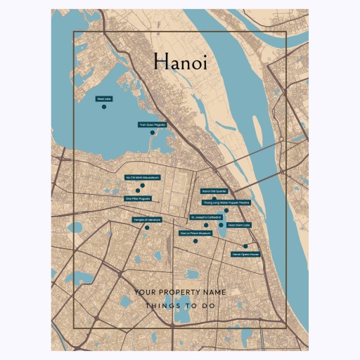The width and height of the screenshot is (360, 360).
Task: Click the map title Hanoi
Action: (x=180, y=63)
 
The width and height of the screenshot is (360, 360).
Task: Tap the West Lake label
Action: (x=103, y=99)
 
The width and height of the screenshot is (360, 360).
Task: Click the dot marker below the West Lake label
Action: (x=103, y=107)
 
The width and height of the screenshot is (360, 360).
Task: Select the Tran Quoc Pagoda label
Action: (x=153, y=124)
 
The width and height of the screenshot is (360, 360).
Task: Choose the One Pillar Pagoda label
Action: (x=138, y=198)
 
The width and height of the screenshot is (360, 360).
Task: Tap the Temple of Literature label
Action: (x=147, y=220)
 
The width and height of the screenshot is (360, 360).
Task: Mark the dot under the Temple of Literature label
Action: (x=147, y=228)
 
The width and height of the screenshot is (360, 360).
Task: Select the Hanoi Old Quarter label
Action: (x=214, y=191)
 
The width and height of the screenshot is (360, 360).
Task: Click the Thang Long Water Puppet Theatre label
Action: (x=226, y=202)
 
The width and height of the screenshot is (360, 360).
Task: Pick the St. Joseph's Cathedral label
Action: (x=206, y=217)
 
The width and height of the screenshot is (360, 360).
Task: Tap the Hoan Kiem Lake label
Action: (x=239, y=225)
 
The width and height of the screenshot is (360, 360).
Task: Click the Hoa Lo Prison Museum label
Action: (x=195, y=233)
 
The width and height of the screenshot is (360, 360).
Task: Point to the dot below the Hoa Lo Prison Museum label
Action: (x=195, y=240)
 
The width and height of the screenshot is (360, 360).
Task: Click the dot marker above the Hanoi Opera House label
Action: (x=245, y=246)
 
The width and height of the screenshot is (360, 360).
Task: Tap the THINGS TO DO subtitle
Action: (x=180, y=307)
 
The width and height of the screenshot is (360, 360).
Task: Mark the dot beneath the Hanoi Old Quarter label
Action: (x=214, y=198)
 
